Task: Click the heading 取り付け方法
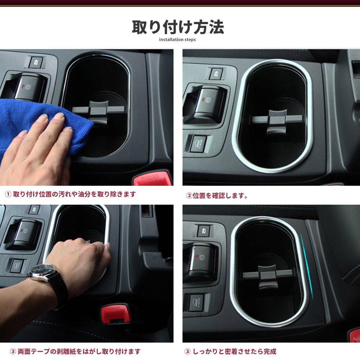(x=178, y=27)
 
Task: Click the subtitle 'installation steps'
(x=177, y=40)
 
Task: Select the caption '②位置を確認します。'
(x=217, y=195)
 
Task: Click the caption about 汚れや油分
(x=71, y=194)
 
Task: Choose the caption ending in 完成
(x=230, y=351)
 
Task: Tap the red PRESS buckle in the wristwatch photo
(x=115, y=313)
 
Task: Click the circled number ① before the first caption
(x=8, y=194)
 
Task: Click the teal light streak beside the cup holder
(x=307, y=266)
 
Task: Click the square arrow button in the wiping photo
(x=36, y=62)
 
